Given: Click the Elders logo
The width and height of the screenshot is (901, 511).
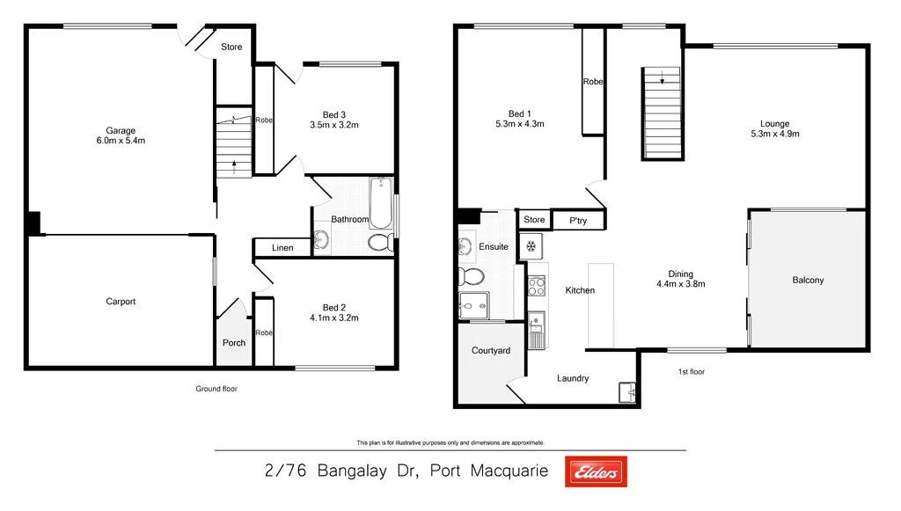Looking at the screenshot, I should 596,472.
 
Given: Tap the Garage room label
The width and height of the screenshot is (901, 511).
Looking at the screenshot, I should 121,131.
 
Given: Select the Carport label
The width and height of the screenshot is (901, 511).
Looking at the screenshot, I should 121,302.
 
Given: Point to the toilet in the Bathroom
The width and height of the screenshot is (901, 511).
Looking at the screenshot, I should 380,243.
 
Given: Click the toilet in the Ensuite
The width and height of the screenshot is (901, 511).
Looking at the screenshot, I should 470,277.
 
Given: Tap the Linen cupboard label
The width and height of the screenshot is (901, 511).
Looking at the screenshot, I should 282,248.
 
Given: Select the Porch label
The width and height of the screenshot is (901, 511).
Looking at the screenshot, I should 234,343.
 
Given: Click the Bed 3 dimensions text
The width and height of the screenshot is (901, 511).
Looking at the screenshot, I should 333,125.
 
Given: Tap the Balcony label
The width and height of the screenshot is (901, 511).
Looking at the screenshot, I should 808,281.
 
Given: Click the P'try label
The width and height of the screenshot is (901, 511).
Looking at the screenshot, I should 578,220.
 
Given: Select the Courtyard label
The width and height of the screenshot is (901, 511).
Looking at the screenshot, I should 490,351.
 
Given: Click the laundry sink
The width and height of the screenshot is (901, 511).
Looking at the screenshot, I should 626,391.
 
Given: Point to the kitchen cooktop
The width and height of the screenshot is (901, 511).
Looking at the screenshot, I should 535,284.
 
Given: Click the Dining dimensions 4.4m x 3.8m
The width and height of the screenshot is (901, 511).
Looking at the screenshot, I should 680,284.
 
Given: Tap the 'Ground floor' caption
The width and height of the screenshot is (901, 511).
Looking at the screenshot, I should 216,389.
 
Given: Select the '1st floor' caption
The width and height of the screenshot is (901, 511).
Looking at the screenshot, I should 692,372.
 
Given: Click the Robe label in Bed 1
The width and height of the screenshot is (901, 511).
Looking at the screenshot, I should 593,82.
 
